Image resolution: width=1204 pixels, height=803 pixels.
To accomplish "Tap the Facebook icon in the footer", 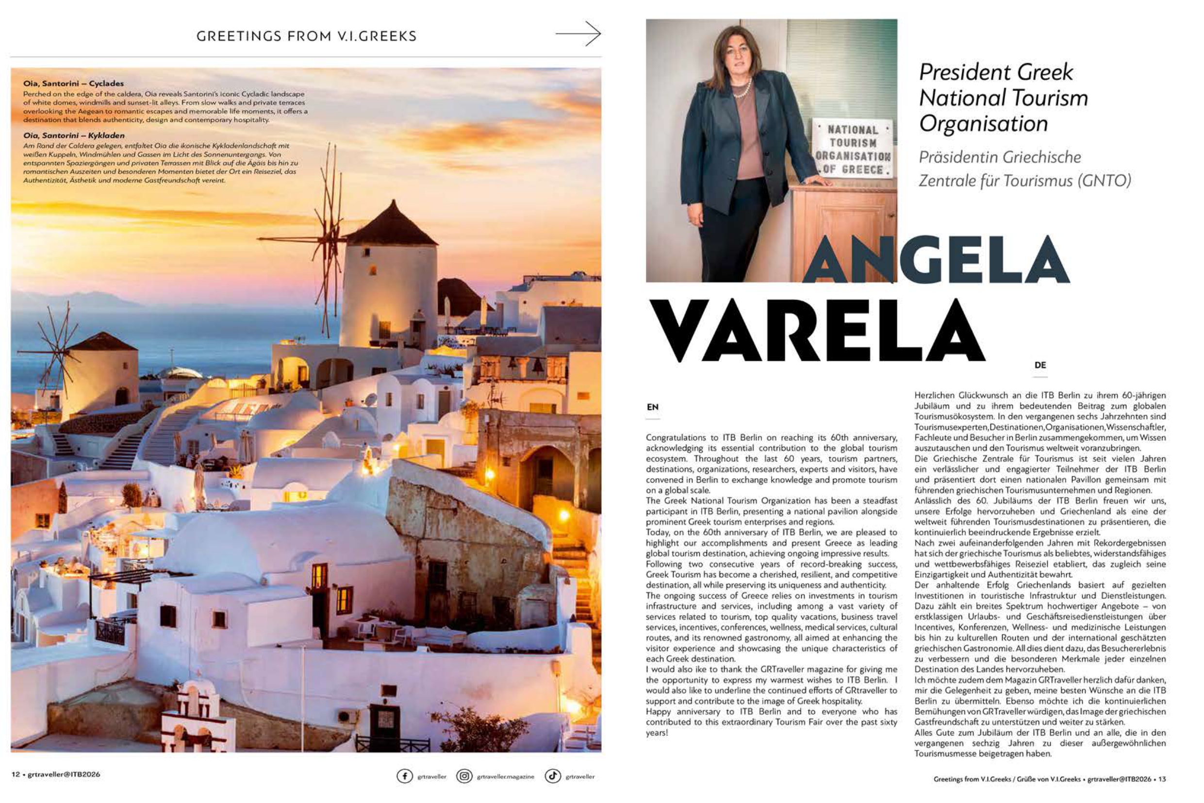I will [404, 776].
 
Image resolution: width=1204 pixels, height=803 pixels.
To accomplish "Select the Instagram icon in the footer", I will [464, 776].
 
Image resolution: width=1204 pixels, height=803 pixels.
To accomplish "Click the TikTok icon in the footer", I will [552, 776].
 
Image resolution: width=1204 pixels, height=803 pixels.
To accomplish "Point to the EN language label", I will [652, 407].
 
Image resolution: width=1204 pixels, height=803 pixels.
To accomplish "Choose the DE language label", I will [1040, 365].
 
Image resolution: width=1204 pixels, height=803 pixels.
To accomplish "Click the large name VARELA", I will [816, 330].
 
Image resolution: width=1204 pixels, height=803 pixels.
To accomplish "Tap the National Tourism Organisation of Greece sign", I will [853, 149].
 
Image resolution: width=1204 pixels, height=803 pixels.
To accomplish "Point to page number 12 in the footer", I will [16, 774].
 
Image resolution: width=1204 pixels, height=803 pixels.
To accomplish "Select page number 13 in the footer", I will [1162, 779].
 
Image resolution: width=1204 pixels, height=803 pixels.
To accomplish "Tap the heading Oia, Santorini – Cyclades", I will [73, 83].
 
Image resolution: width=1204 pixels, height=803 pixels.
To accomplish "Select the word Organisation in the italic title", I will [983, 123].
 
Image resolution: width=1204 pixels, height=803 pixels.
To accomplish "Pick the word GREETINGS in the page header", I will [239, 36].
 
